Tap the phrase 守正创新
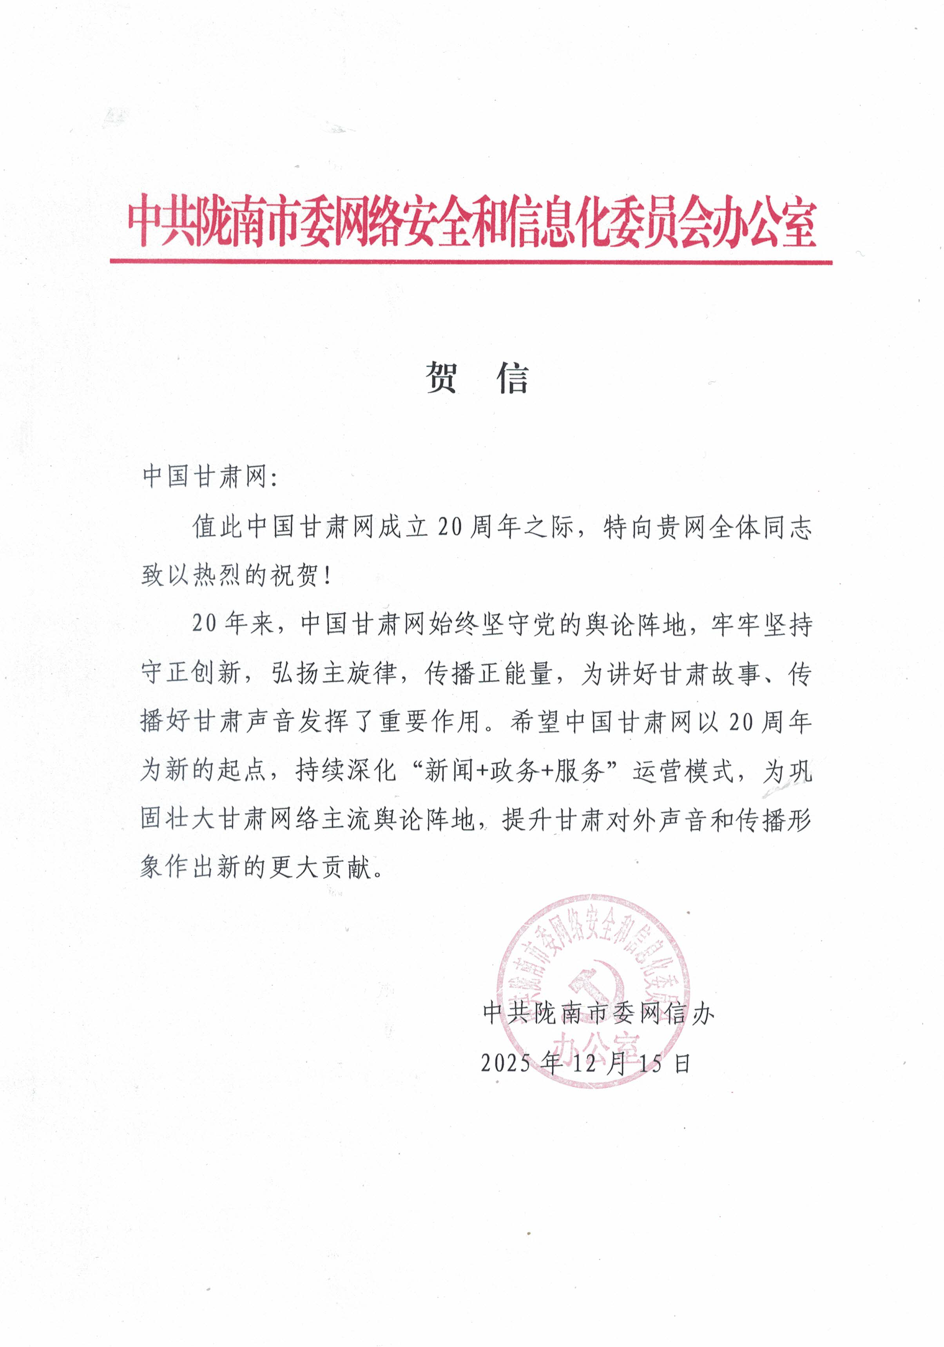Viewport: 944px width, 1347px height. click(x=191, y=673)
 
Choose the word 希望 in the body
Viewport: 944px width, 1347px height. click(x=534, y=722)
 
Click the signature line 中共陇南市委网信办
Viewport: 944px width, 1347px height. click(x=598, y=1013)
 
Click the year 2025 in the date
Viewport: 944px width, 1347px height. click(x=506, y=1063)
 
